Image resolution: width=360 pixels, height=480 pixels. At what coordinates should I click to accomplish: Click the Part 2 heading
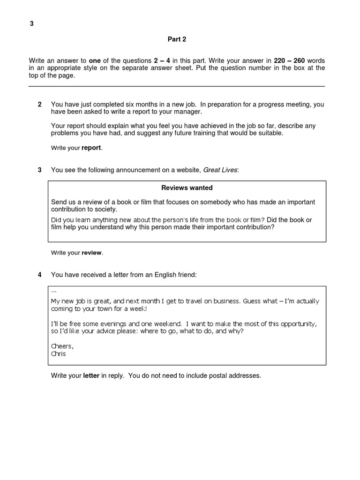(x=177, y=39)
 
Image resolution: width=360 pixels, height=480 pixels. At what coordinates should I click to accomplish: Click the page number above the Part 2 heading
(x=31, y=24)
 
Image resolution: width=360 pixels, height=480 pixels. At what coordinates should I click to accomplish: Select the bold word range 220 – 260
(x=292, y=61)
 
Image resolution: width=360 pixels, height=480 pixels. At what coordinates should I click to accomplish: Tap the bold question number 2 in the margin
(x=39, y=104)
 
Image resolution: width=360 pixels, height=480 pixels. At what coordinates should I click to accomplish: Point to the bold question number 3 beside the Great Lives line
(x=39, y=170)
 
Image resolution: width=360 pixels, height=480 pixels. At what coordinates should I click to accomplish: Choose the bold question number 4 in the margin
(x=39, y=275)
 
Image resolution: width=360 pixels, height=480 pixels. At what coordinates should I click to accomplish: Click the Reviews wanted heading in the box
(x=187, y=187)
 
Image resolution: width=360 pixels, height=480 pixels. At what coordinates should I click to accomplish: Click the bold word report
(x=91, y=148)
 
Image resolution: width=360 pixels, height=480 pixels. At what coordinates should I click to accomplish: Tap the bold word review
(x=91, y=253)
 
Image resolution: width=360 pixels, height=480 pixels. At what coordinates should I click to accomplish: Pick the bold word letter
(x=91, y=375)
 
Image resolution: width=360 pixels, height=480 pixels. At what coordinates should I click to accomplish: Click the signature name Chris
(x=58, y=353)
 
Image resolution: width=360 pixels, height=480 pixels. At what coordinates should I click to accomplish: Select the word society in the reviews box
(x=104, y=209)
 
